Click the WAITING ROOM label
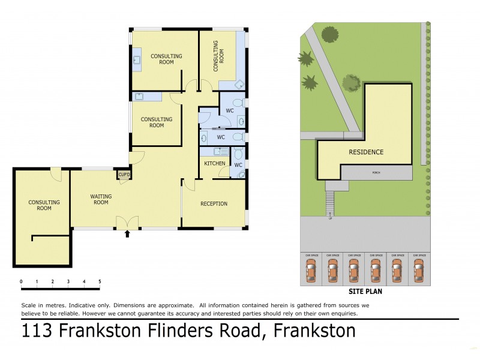tap(100, 199)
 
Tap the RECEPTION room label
tap(214, 204)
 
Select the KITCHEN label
tap(215, 163)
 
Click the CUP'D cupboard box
tap(124, 175)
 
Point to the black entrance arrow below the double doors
tap(127, 234)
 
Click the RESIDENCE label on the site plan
tap(366, 152)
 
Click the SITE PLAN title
tap(365, 293)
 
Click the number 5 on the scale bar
tap(100, 281)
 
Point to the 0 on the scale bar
tap(21, 281)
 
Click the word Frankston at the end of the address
tap(314, 330)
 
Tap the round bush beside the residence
tap(352, 82)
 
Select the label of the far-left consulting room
tap(44, 205)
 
